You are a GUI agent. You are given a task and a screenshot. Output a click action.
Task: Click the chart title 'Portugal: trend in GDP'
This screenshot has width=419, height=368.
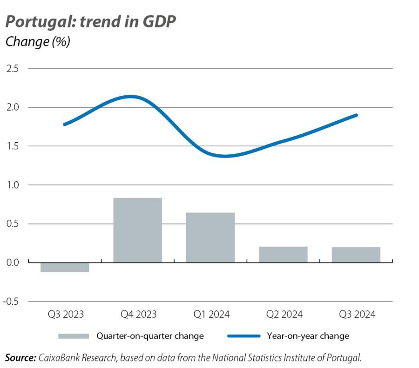pos(90,22)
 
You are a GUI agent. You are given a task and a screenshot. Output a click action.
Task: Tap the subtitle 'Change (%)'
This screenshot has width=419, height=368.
pos(37,42)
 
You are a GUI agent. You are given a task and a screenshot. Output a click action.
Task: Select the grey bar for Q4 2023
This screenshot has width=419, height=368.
pos(138,230)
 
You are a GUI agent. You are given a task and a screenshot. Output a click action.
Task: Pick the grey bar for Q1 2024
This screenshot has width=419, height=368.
pos(210,237)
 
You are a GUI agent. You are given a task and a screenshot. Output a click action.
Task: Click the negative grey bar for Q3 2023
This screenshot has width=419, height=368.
pos(65,267)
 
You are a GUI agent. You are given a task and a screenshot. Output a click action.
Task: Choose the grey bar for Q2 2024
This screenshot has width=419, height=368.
pos(283,254)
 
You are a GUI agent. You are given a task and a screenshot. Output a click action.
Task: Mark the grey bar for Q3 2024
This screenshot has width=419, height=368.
pos(356,255)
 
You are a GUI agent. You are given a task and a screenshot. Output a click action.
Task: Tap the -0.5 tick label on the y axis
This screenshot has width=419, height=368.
pos(11,302)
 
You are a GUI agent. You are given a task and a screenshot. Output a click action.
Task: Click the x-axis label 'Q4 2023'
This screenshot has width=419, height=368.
pos(138,315)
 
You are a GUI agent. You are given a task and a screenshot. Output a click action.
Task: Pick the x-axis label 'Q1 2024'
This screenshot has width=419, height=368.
pos(211,315)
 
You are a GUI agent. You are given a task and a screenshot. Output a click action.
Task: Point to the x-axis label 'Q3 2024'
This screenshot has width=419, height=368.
pos(357,315)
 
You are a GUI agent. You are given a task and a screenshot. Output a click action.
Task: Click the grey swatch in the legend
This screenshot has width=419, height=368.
pos(73,336)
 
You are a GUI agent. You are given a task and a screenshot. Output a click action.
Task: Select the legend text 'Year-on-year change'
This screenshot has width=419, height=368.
pos(308,336)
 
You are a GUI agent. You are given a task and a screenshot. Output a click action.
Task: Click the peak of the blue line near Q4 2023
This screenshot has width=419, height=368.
pos(131,97)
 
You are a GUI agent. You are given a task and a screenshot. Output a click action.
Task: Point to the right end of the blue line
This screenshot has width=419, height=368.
pos(356,115)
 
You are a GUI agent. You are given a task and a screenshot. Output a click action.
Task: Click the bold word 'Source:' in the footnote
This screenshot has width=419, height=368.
pos(20,357)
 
